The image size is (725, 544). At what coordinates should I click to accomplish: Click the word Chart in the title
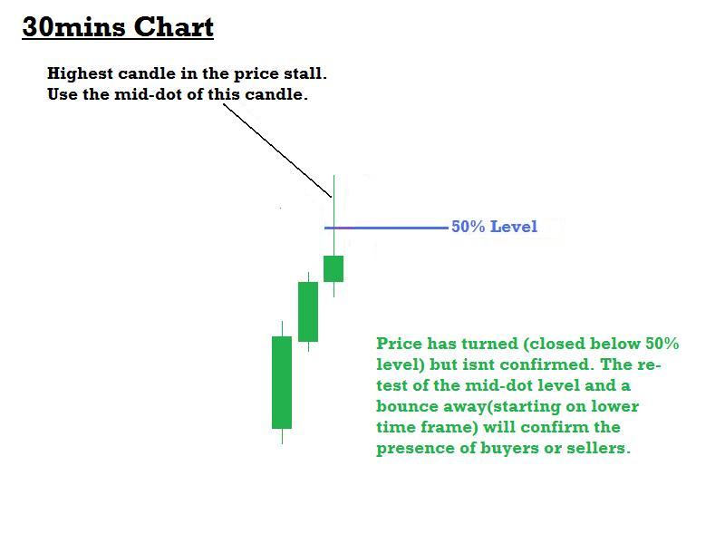[x=174, y=27]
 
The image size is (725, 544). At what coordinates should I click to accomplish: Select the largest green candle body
[x=282, y=382]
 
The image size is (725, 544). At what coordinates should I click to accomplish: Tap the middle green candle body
[x=308, y=311]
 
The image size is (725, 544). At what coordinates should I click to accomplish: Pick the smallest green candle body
[x=333, y=268]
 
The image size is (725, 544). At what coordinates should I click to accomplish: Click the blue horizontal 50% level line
[x=390, y=227]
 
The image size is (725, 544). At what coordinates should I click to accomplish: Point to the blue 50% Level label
[x=494, y=227]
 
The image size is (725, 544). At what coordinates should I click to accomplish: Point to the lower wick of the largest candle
[x=282, y=436]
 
